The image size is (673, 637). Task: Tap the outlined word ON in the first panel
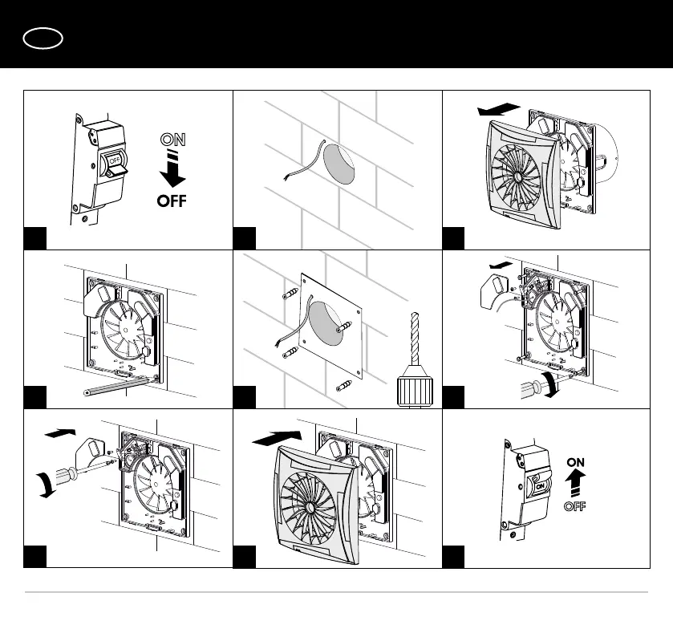coord(172,140)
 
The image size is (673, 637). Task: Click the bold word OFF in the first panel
coord(172,201)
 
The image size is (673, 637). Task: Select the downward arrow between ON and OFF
coord(172,170)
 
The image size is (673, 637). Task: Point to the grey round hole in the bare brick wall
coord(338,164)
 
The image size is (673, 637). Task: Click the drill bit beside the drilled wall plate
coord(414,345)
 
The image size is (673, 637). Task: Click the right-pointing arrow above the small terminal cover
coord(59,433)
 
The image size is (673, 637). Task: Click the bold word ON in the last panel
coord(576,462)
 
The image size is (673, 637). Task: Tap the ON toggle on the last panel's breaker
coord(538,485)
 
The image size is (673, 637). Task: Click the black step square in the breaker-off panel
coord(34,237)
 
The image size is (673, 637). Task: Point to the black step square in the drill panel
coord(245,396)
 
